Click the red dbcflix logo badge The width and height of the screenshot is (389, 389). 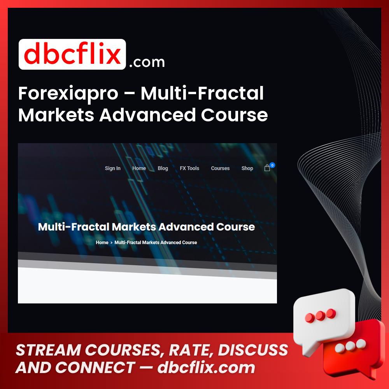(x=72, y=54)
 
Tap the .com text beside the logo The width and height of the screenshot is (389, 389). (x=147, y=62)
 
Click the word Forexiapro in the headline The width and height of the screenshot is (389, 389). (x=68, y=94)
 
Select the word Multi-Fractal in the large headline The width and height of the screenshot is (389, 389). (x=202, y=93)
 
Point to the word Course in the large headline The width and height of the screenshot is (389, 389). (x=234, y=115)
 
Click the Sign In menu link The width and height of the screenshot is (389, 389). (x=113, y=168)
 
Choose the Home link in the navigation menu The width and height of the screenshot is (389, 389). (x=139, y=168)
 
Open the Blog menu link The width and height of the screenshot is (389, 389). (x=163, y=168)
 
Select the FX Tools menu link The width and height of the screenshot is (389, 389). (x=189, y=168)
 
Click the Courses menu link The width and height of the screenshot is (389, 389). (x=220, y=168)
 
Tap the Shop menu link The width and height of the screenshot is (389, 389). (x=247, y=168)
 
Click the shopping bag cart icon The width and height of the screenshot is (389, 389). (x=267, y=168)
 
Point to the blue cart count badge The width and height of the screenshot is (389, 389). (x=272, y=165)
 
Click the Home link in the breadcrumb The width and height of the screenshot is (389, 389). (x=102, y=242)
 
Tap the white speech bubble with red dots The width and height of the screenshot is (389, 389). (x=322, y=317)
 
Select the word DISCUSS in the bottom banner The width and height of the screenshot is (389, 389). (x=253, y=350)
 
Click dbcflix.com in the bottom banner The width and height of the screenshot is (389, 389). (x=206, y=368)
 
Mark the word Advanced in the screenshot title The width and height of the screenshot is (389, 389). (x=186, y=227)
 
